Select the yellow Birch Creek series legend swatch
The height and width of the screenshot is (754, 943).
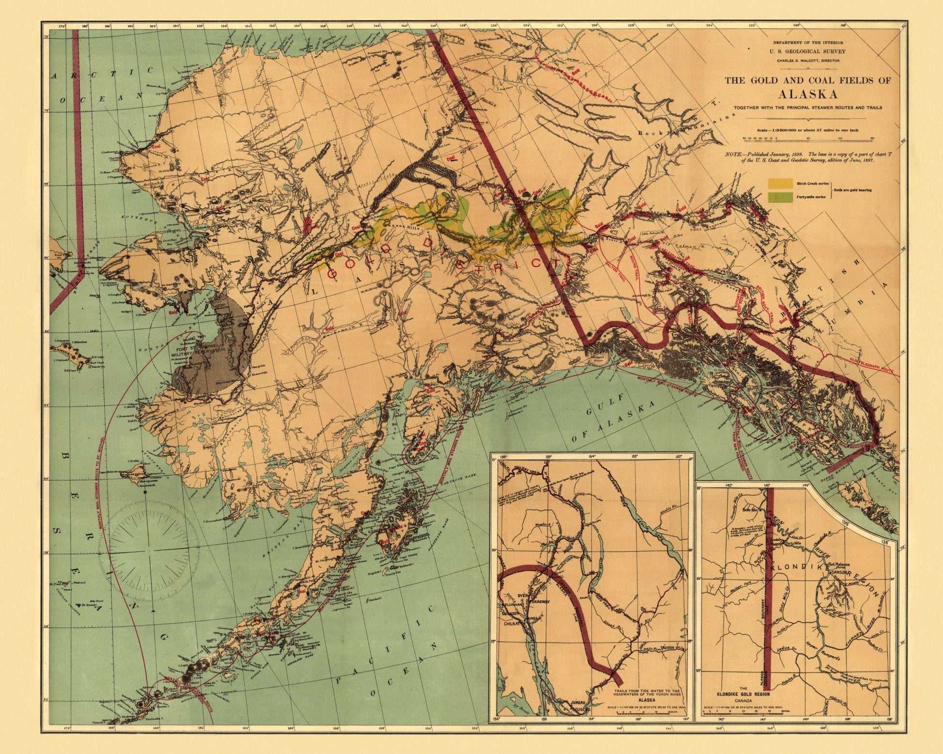click(x=780, y=184)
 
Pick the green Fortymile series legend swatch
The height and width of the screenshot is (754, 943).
click(x=780, y=197)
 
